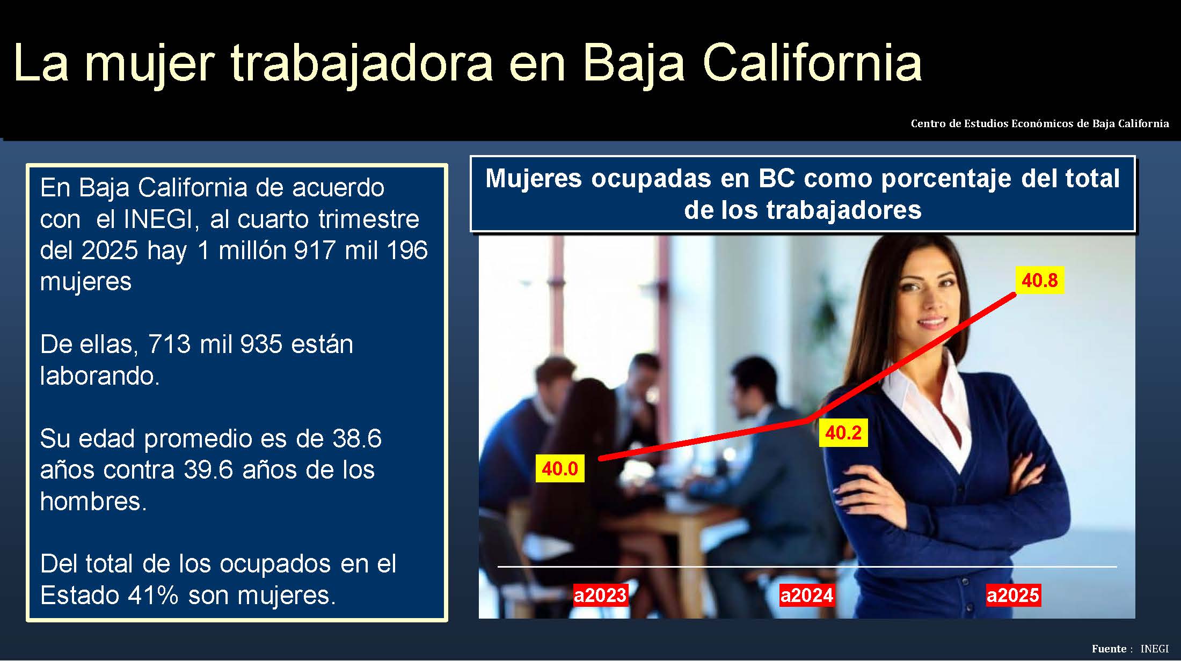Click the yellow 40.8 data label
(x=1039, y=281)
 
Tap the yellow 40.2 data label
(x=843, y=433)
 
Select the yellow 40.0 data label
(x=560, y=468)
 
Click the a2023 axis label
(x=600, y=595)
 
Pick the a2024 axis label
(x=807, y=595)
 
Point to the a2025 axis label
(x=1013, y=595)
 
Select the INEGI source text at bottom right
(x=1154, y=649)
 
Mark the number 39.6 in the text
(x=208, y=470)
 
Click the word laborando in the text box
(x=100, y=376)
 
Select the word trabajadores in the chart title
(x=843, y=210)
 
